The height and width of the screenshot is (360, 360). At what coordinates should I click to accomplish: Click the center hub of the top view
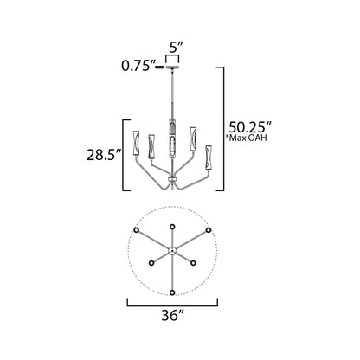click(173, 250)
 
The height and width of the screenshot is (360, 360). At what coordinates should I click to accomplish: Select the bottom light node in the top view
click(173, 291)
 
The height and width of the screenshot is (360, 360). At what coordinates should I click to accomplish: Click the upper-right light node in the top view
click(210, 228)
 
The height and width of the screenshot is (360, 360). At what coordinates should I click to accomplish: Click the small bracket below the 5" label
click(174, 57)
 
